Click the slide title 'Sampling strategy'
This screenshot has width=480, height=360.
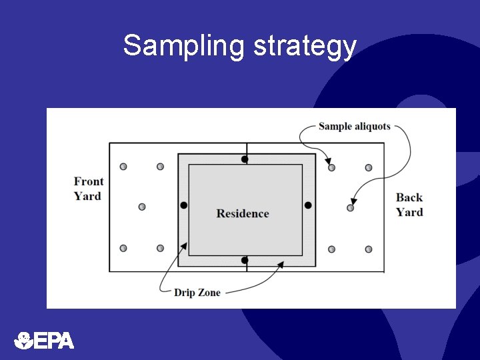pyautogui.click(x=239, y=46)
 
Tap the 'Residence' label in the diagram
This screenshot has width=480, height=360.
pyautogui.click(x=243, y=213)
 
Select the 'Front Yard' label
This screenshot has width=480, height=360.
pyautogui.click(x=88, y=189)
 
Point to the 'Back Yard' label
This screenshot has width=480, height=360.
pyautogui.click(x=409, y=205)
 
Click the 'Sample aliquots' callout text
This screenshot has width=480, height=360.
pyautogui.click(x=354, y=126)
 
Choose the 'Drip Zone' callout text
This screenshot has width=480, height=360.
pyautogui.click(x=197, y=292)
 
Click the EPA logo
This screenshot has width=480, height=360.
pyautogui.click(x=44, y=341)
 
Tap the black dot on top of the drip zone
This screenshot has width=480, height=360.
pyautogui.click(x=245, y=159)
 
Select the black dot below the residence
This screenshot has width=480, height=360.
pyautogui.click(x=245, y=260)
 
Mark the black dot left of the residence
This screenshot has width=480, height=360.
pyautogui.click(x=184, y=205)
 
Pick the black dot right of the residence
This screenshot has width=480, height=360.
pyautogui.click(x=308, y=205)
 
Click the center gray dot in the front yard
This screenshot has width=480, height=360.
pyautogui.click(x=142, y=207)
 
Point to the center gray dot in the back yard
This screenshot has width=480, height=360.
pyautogui.click(x=350, y=208)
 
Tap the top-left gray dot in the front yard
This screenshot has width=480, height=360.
pyautogui.click(x=123, y=167)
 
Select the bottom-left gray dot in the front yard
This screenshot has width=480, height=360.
pyautogui.click(x=123, y=248)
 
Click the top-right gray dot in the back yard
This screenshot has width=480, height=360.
pyautogui.click(x=369, y=168)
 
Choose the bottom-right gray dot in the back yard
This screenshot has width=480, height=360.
pyautogui.click(x=369, y=249)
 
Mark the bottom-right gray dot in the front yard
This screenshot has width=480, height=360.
pyautogui.click(x=160, y=248)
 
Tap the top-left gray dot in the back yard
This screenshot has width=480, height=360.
pyautogui.click(x=331, y=167)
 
